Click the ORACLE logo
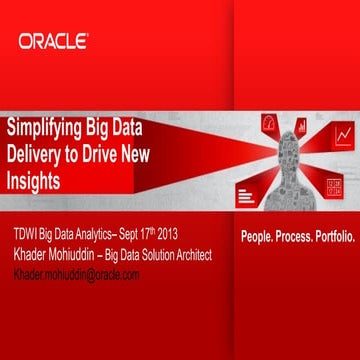[x=52, y=41]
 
